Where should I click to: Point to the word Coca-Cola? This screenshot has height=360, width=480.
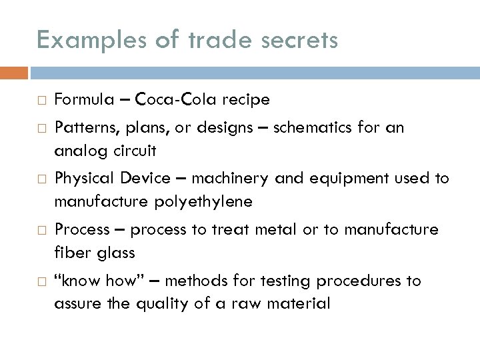click(176, 100)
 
